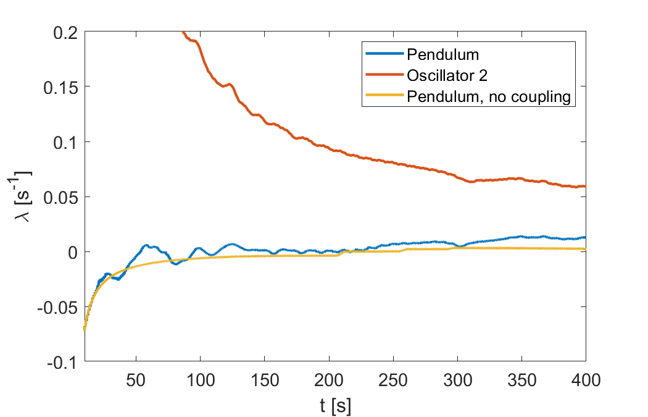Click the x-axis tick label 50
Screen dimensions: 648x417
(x=136, y=380)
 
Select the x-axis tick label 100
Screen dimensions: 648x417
(x=201, y=380)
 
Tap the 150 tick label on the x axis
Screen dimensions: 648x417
(x=265, y=380)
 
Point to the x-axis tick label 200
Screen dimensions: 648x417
(x=329, y=380)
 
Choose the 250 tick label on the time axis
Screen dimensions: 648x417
(x=394, y=380)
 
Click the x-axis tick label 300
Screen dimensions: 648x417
(x=458, y=380)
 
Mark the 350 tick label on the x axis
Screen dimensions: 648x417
(x=522, y=380)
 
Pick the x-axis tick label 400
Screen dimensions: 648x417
(x=586, y=380)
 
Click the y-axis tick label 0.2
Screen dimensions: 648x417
(x=65, y=32)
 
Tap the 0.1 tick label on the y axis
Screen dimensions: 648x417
(x=65, y=143)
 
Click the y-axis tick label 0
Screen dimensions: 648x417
(x=73, y=253)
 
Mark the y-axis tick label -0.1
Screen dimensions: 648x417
(x=62, y=363)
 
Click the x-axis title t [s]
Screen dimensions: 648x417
(x=336, y=406)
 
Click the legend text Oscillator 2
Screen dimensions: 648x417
(x=447, y=75)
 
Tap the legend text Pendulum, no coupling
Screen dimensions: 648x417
(x=489, y=96)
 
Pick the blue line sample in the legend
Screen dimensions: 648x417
(x=384, y=53)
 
